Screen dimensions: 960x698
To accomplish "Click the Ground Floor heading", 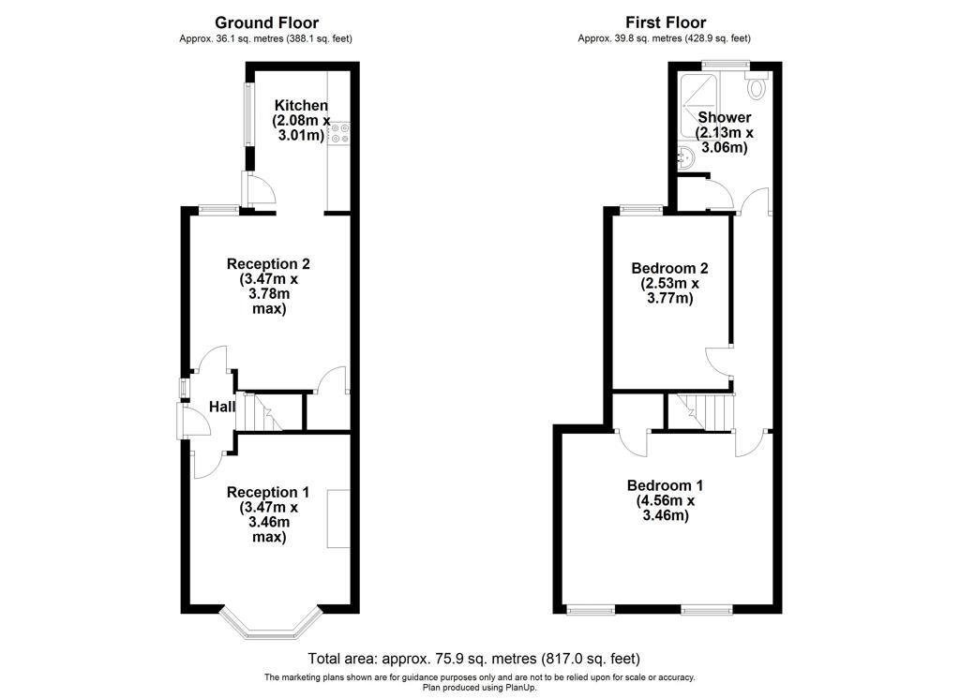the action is pos(266,22).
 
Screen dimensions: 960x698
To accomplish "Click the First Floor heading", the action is pos(666,22).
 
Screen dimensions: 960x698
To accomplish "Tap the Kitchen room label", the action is pos(301,105).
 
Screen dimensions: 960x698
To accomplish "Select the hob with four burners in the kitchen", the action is pos(338,134).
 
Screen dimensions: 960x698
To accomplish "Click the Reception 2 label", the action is pos(268,263).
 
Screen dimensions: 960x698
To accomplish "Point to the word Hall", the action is pos(221,407).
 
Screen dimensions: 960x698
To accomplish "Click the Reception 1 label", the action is pos(267,492).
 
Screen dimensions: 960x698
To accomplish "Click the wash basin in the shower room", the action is pos(685,157).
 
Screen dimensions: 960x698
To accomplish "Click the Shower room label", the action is pos(725,117).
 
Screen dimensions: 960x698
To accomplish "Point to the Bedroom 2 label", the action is pos(669,268).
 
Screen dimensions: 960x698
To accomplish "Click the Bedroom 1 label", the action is pos(665,485).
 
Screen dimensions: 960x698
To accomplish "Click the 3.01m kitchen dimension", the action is pos(301,135).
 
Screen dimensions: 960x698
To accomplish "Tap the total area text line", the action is pos(473,659).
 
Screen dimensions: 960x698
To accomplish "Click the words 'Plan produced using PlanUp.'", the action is pos(479,687).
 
